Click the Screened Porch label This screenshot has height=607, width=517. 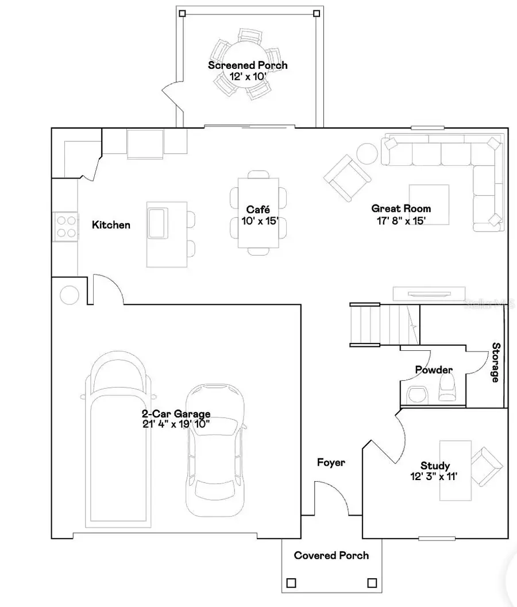click(x=248, y=65)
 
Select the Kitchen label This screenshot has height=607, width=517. click(x=111, y=225)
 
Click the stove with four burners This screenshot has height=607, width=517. click(x=65, y=225)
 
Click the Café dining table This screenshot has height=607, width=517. click(x=258, y=212)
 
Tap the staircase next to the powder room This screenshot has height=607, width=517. click(x=373, y=324)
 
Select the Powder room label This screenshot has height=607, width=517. click(x=434, y=370)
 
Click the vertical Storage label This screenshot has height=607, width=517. click(x=495, y=362)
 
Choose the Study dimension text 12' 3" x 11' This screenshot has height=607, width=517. click(x=434, y=477)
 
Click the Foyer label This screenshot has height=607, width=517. click(x=331, y=462)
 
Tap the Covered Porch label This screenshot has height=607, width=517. click(x=331, y=555)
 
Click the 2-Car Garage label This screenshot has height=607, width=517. click(x=176, y=413)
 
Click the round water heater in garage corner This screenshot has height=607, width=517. click(x=69, y=295)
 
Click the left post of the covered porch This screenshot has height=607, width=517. click(x=291, y=583)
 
